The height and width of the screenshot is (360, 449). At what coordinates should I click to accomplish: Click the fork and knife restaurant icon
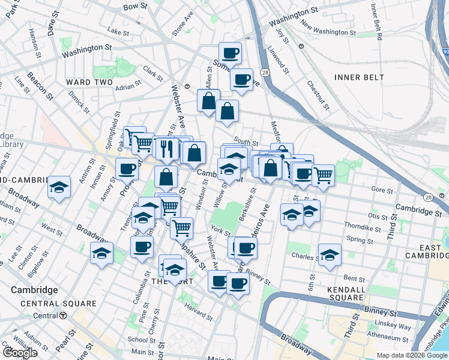[x=166, y=148]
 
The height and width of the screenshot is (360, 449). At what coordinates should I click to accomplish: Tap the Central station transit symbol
[x=63, y=315]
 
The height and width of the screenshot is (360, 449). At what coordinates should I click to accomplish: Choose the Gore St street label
[x=381, y=190]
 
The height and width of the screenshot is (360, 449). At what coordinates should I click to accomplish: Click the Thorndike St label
[x=360, y=226]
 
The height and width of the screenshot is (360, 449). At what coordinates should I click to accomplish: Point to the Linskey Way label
[x=397, y=328]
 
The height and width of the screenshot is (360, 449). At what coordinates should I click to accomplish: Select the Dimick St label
[x=79, y=102]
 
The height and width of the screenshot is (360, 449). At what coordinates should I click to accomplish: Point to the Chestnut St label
[x=318, y=96]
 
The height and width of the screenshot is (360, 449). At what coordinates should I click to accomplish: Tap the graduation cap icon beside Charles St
[x=330, y=255]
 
